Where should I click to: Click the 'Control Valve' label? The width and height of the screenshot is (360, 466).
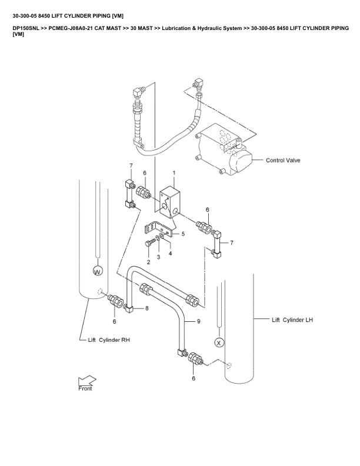click(285, 160)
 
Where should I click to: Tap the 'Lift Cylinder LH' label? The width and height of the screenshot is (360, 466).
click(292, 320)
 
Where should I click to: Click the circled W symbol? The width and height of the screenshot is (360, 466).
click(98, 271)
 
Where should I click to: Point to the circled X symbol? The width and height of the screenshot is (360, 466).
click(219, 341)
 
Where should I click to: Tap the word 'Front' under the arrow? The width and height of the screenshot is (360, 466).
click(85, 388)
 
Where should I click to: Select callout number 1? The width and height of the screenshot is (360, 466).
click(174, 173)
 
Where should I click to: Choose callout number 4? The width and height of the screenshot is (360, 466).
click(170, 253)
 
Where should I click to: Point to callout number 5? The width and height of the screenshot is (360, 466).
click(183, 234)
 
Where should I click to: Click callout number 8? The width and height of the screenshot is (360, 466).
click(146, 308)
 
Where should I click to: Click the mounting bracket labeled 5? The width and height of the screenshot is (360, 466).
click(159, 228)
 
